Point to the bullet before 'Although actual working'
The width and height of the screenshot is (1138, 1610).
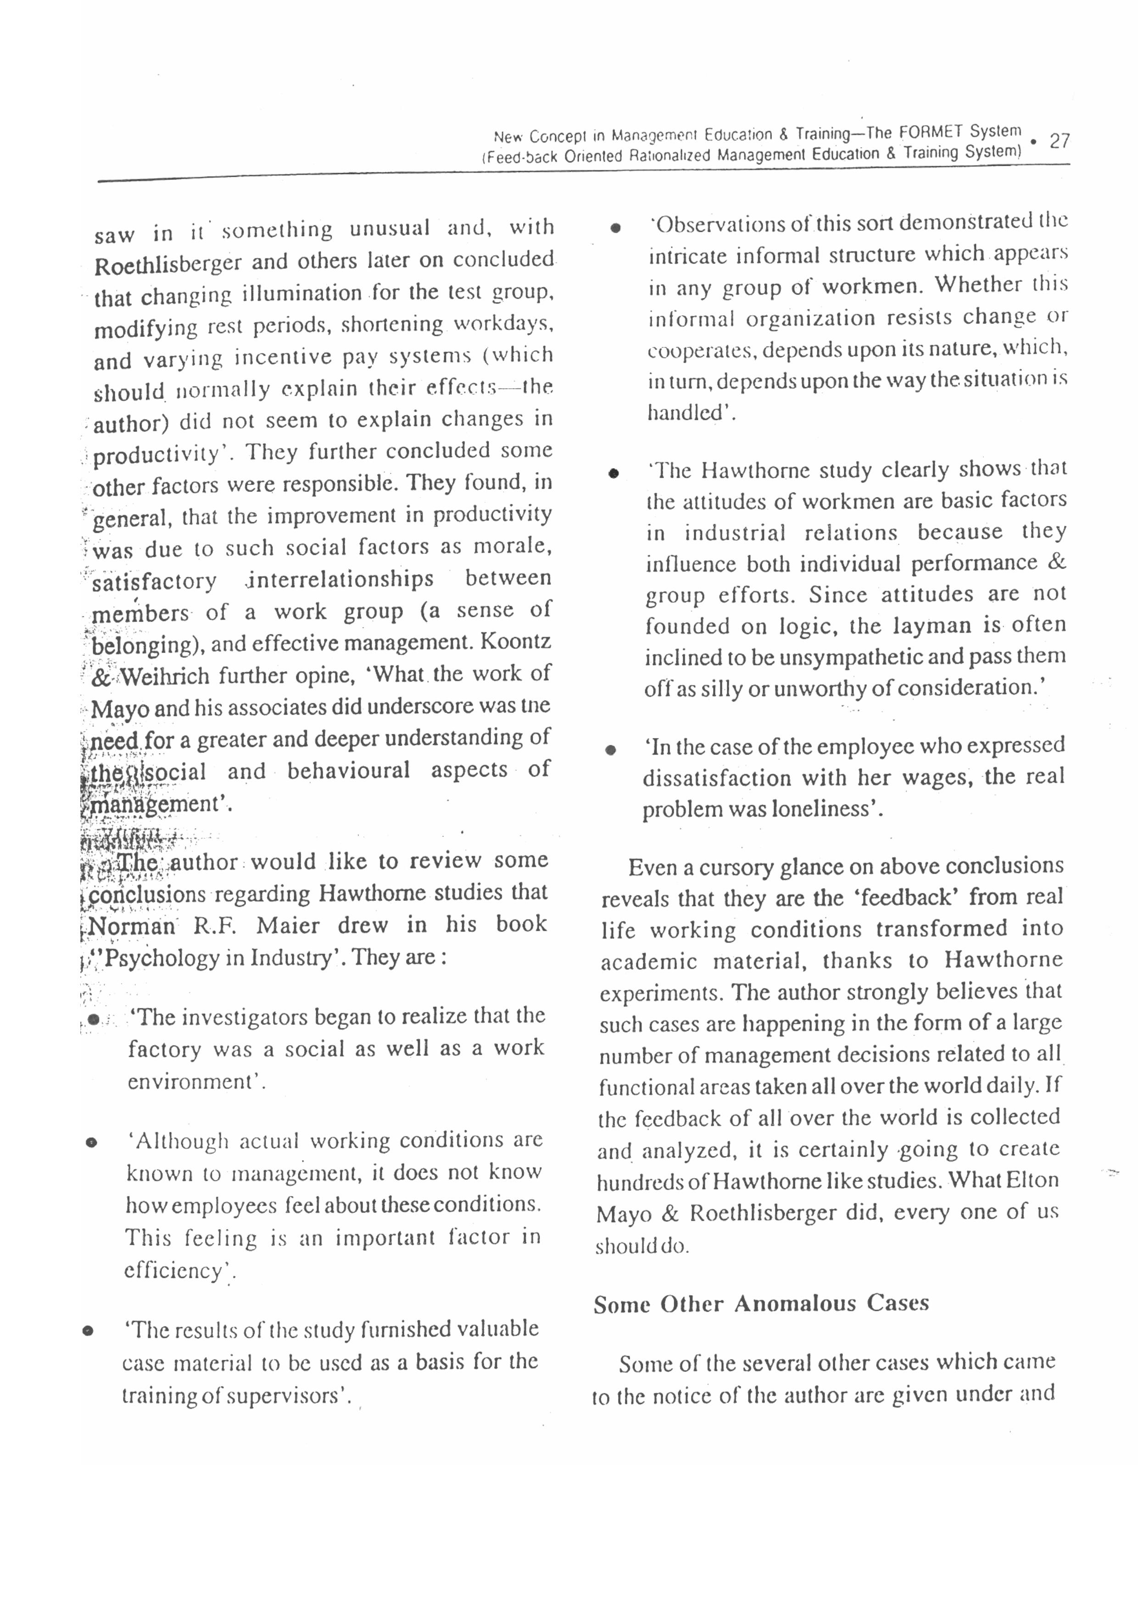click(90, 1143)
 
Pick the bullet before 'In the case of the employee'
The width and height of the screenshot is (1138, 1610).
click(611, 749)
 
